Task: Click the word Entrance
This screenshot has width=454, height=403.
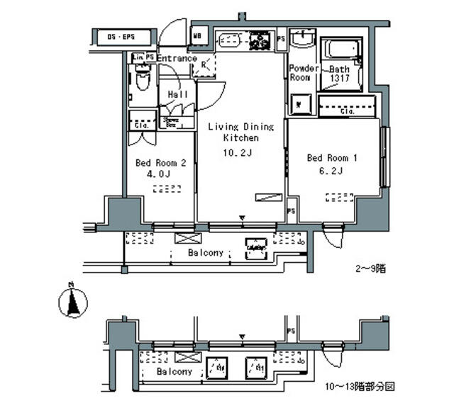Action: coord(176,58)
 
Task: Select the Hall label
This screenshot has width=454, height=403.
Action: coord(177,95)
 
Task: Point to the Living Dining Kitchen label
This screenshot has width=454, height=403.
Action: coord(240,132)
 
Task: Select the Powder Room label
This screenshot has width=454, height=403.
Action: coord(300,74)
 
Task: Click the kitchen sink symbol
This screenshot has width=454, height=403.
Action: coord(229,40)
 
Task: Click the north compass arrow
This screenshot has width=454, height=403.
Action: coord(71,302)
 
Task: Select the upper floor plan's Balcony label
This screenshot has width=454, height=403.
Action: coord(206,253)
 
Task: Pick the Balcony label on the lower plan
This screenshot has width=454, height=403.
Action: coord(175,371)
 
